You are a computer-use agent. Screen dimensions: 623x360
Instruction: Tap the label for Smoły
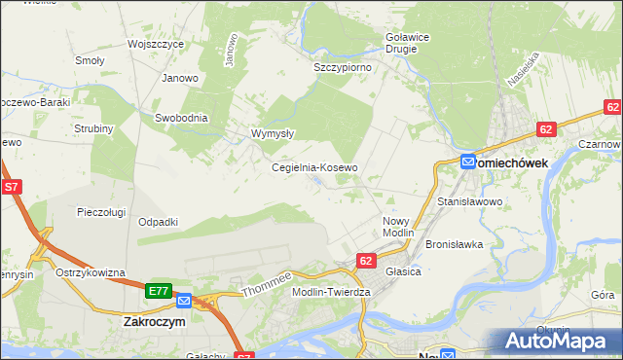(90, 60)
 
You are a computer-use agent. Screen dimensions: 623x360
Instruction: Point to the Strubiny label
(94, 128)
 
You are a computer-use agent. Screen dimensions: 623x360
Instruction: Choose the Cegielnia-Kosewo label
(314, 167)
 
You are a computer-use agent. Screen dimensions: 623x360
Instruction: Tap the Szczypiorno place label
(342, 68)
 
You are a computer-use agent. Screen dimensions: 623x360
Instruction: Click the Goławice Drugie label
(401, 42)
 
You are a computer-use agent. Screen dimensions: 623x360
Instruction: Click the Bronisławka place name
(454, 244)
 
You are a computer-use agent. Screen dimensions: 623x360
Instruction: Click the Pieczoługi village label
(104, 211)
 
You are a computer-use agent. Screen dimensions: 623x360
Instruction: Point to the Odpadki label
(159, 222)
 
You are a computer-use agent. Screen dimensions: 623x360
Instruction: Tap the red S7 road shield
(12, 187)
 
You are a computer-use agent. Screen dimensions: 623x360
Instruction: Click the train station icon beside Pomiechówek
(468, 162)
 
